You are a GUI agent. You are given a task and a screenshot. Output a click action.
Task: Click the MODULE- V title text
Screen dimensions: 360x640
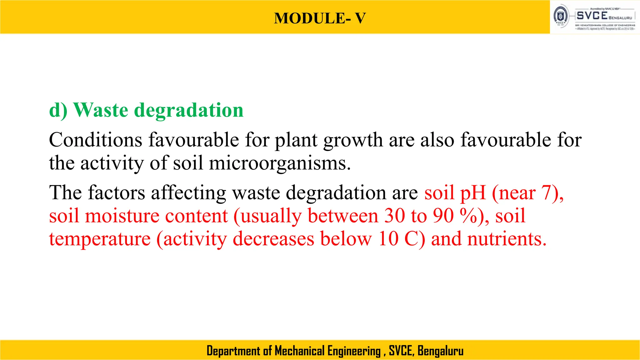(320, 18)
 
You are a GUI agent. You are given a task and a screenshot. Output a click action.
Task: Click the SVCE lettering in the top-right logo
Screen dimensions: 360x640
(592, 16)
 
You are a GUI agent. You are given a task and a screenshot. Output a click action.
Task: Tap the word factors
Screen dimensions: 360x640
(117, 192)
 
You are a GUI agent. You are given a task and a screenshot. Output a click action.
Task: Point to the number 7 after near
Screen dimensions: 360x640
(547, 192)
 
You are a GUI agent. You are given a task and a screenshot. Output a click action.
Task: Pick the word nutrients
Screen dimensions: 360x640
(507, 239)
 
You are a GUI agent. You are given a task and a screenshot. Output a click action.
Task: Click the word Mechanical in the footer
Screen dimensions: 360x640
(300, 351)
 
